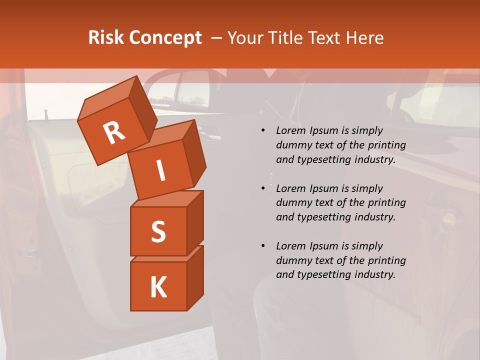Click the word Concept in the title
(x=165, y=38)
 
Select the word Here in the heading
(x=364, y=38)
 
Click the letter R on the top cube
(x=114, y=132)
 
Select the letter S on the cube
(x=158, y=231)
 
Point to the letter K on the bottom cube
(x=158, y=287)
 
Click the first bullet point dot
(x=263, y=131)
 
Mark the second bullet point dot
(x=263, y=188)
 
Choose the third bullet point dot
(x=263, y=246)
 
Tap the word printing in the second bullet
(x=386, y=203)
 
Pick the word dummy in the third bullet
(x=292, y=260)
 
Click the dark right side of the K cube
(x=195, y=277)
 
